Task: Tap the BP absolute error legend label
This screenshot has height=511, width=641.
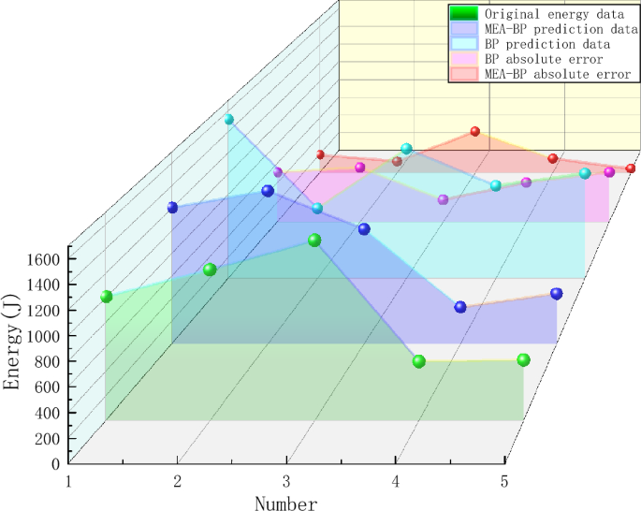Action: [x=543, y=59]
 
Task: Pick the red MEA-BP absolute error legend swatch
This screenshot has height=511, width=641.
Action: [x=464, y=74]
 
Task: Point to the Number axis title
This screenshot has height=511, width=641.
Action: [x=285, y=504]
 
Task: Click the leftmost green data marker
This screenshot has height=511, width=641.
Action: [x=107, y=297]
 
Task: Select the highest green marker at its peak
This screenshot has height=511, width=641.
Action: [x=314, y=241]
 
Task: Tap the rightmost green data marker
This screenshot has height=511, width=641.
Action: [x=523, y=360]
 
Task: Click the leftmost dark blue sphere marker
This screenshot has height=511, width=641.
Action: [x=172, y=208]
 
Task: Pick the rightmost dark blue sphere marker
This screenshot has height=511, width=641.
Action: [x=557, y=294]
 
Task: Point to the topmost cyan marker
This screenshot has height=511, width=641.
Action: [x=228, y=119]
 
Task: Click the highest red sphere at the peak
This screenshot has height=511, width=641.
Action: [x=474, y=132]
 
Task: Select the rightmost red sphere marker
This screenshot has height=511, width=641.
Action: [x=631, y=168]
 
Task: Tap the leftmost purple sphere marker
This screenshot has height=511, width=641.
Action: [x=278, y=172]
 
